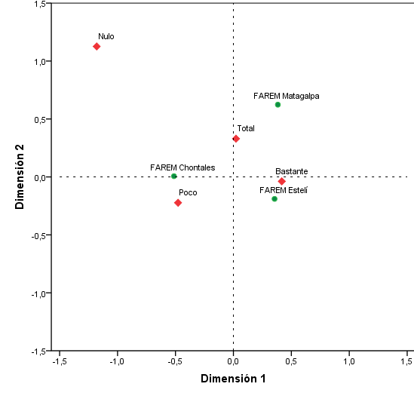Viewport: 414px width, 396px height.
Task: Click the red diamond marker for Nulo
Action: (x=97, y=47)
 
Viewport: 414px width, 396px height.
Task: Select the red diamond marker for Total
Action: (x=236, y=139)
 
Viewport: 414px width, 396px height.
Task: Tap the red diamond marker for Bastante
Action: (x=282, y=181)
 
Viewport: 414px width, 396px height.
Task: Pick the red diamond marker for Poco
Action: (x=178, y=203)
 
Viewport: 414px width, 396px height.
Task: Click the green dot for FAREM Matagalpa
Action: (x=278, y=105)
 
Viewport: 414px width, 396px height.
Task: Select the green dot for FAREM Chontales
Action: (x=174, y=177)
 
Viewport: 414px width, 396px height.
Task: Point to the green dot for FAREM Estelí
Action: (x=274, y=199)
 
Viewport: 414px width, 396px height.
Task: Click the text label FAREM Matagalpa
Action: (x=287, y=96)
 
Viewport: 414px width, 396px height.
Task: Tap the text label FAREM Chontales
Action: (x=182, y=167)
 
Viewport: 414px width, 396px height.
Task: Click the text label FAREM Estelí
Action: (x=283, y=190)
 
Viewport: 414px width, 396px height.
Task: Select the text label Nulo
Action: (x=106, y=36)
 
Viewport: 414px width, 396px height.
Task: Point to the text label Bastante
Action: (x=292, y=171)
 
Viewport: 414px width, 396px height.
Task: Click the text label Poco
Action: (x=188, y=193)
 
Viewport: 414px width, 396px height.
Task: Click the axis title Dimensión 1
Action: (x=233, y=379)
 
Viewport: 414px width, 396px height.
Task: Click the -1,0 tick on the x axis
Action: (x=117, y=362)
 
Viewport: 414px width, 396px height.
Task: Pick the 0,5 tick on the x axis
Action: (x=291, y=362)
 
